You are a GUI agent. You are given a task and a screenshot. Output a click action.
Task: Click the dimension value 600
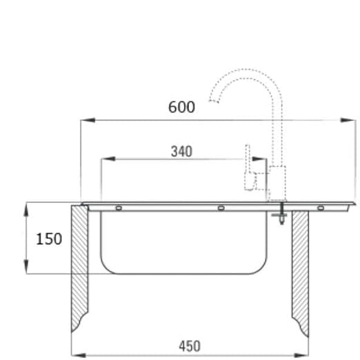point(181,107)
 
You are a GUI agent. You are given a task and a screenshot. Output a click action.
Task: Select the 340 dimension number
point(181,151)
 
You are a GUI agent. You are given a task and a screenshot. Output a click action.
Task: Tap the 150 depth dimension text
point(49,239)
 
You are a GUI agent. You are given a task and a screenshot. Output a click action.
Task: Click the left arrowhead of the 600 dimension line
point(84,121)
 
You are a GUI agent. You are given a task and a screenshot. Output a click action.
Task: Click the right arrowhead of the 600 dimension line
point(352,121)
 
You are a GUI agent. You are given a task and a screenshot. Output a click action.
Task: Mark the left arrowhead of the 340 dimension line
point(105,159)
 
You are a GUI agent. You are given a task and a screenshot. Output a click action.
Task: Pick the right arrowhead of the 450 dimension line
point(305,355)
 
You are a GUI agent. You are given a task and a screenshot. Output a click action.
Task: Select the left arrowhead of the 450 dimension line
point(75,355)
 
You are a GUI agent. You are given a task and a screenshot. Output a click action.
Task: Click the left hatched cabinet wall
point(80,269)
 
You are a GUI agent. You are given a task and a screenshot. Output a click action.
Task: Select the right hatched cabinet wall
point(300,269)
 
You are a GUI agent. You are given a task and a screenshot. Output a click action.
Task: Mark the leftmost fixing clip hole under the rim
point(119,208)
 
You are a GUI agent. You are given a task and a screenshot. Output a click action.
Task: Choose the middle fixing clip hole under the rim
point(220,208)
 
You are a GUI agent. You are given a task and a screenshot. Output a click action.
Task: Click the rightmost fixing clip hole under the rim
point(320,208)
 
